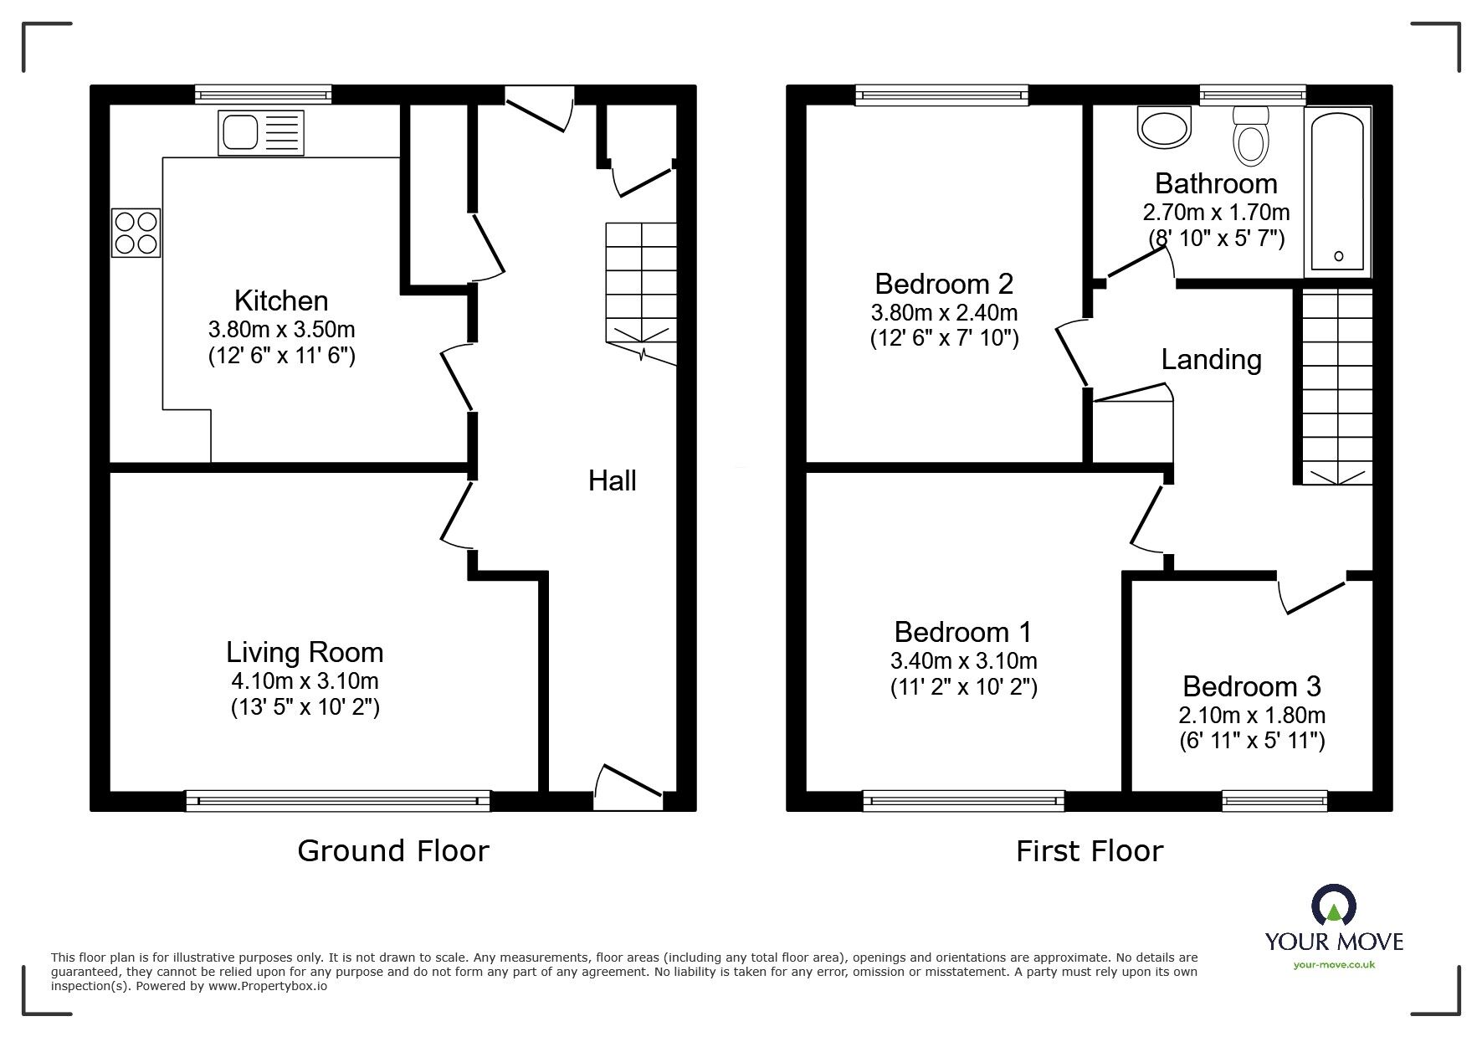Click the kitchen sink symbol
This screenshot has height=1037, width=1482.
(x=261, y=133)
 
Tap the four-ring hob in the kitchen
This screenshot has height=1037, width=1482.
(x=136, y=233)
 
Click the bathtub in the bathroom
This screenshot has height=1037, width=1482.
(x=1338, y=193)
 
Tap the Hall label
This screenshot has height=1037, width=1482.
(x=612, y=480)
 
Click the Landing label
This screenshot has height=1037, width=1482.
(x=1211, y=360)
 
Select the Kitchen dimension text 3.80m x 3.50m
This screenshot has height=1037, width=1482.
(x=281, y=329)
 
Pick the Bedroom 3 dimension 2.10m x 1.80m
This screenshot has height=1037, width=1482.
(x=1251, y=715)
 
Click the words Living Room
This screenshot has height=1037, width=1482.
(x=305, y=652)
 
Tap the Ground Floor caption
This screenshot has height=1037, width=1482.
(x=392, y=851)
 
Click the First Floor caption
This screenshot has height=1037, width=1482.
(x=1089, y=851)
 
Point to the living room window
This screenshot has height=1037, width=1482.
(x=337, y=801)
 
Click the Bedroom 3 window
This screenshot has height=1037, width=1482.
(x=1274, y=801)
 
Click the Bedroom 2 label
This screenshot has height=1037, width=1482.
(x=943, y=284)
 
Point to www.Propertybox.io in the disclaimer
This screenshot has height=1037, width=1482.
(x=268, y=986)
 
